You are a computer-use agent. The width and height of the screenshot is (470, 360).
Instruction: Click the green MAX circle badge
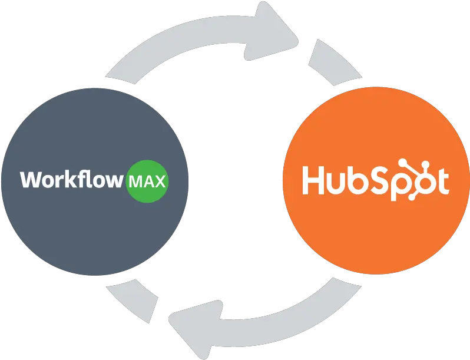click(x=147, y=181)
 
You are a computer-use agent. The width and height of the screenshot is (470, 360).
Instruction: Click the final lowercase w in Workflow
click(x=112, y=181)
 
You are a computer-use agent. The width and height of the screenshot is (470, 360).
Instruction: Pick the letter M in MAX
click(x=135, y=181)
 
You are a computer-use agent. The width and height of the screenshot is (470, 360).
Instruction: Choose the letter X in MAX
click(x=160, y=181)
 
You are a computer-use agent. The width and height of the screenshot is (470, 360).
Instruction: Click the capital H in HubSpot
click(x=313, y=180)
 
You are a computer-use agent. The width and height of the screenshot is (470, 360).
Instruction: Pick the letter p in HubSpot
click(x=401, y=186)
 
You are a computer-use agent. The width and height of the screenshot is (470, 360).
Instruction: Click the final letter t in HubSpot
click(x=443, y=181)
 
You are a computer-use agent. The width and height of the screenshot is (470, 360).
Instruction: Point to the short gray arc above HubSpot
click(x=335, y=62)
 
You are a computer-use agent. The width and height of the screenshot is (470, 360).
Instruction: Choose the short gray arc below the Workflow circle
click(x=132, y=300)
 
